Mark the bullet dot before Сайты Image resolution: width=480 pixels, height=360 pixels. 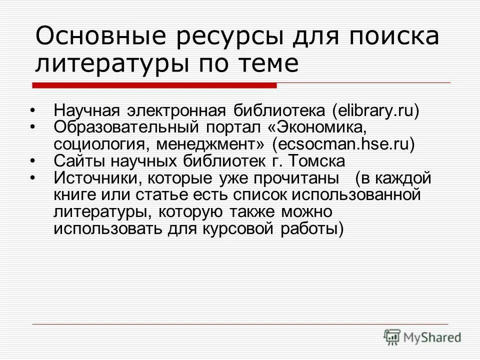pos(32,161)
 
